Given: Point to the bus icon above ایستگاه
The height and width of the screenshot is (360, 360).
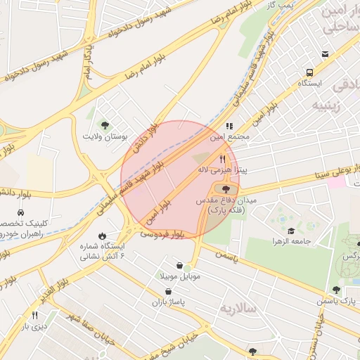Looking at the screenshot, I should [309, 72].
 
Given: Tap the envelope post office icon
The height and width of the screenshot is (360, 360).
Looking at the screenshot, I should [325, 53].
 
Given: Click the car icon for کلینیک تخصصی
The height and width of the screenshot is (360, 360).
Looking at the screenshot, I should [21, 212].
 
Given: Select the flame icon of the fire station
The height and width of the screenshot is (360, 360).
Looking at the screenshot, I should [103, 236].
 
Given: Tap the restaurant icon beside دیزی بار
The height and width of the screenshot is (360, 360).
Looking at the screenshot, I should [34, 316].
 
